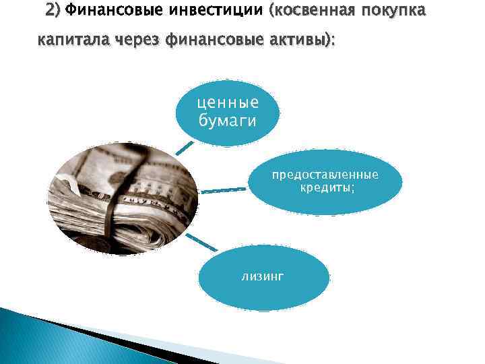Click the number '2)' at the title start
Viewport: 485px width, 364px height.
pyautogui.click(x=52, y=11)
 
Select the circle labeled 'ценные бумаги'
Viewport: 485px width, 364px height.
pyautogui.click(x=227, y=112)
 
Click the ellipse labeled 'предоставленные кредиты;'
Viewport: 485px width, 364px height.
pyautogui.click(x=326, y=181)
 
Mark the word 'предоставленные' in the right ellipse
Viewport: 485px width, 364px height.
pyautogui.click(x=325, y=175)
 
